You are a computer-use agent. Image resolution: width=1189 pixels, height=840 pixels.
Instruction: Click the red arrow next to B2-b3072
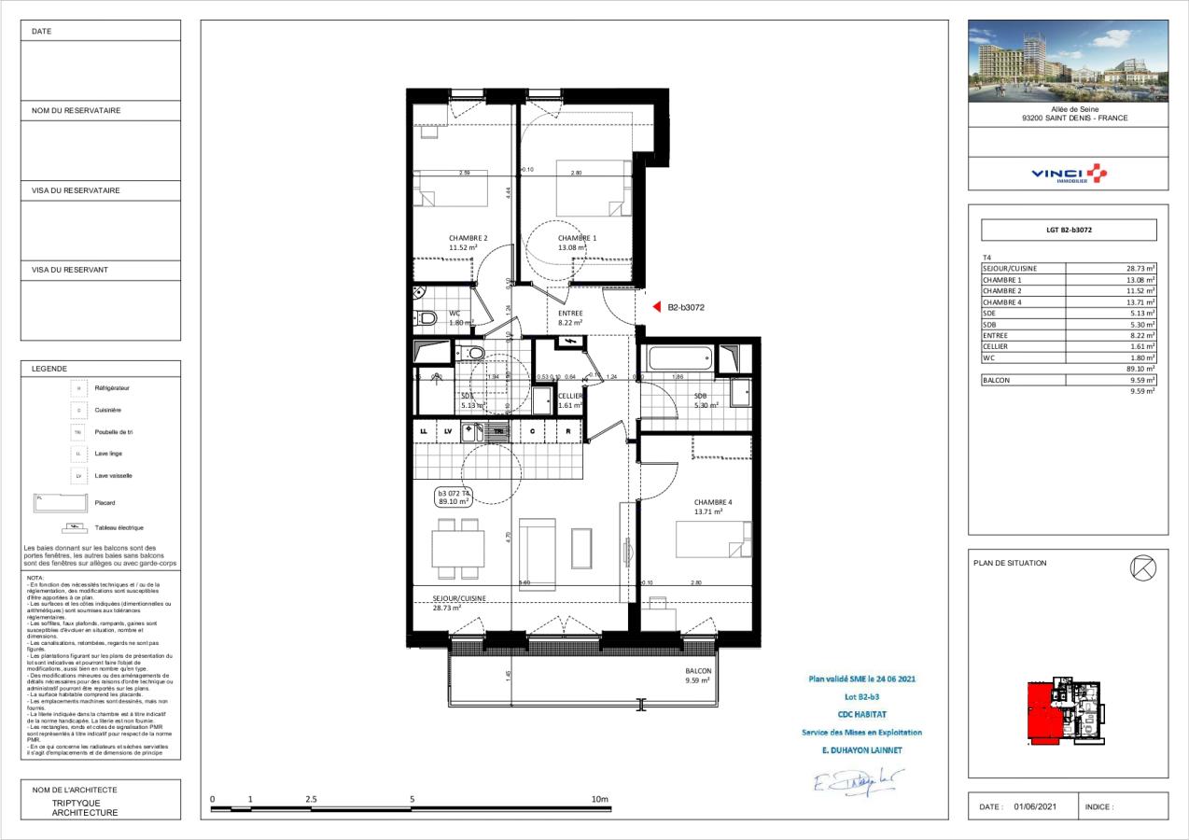[656, 306]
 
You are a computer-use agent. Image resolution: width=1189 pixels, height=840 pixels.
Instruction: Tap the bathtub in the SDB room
[678, 358]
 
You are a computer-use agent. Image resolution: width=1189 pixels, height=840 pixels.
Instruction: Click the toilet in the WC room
[427, 318]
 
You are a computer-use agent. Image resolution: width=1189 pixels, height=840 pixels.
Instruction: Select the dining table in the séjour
[458, 548]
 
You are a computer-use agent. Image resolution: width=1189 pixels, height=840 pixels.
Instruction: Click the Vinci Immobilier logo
[1068, 174]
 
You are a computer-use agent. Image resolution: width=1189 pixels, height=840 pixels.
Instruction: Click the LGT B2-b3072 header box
[1068, 230]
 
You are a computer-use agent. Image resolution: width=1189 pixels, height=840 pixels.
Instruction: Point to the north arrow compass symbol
[1142, 567]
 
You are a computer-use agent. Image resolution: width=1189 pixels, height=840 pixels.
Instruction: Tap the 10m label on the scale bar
[599, 800]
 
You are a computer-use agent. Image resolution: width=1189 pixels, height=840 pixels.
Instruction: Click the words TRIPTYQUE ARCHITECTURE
[85, 807]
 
